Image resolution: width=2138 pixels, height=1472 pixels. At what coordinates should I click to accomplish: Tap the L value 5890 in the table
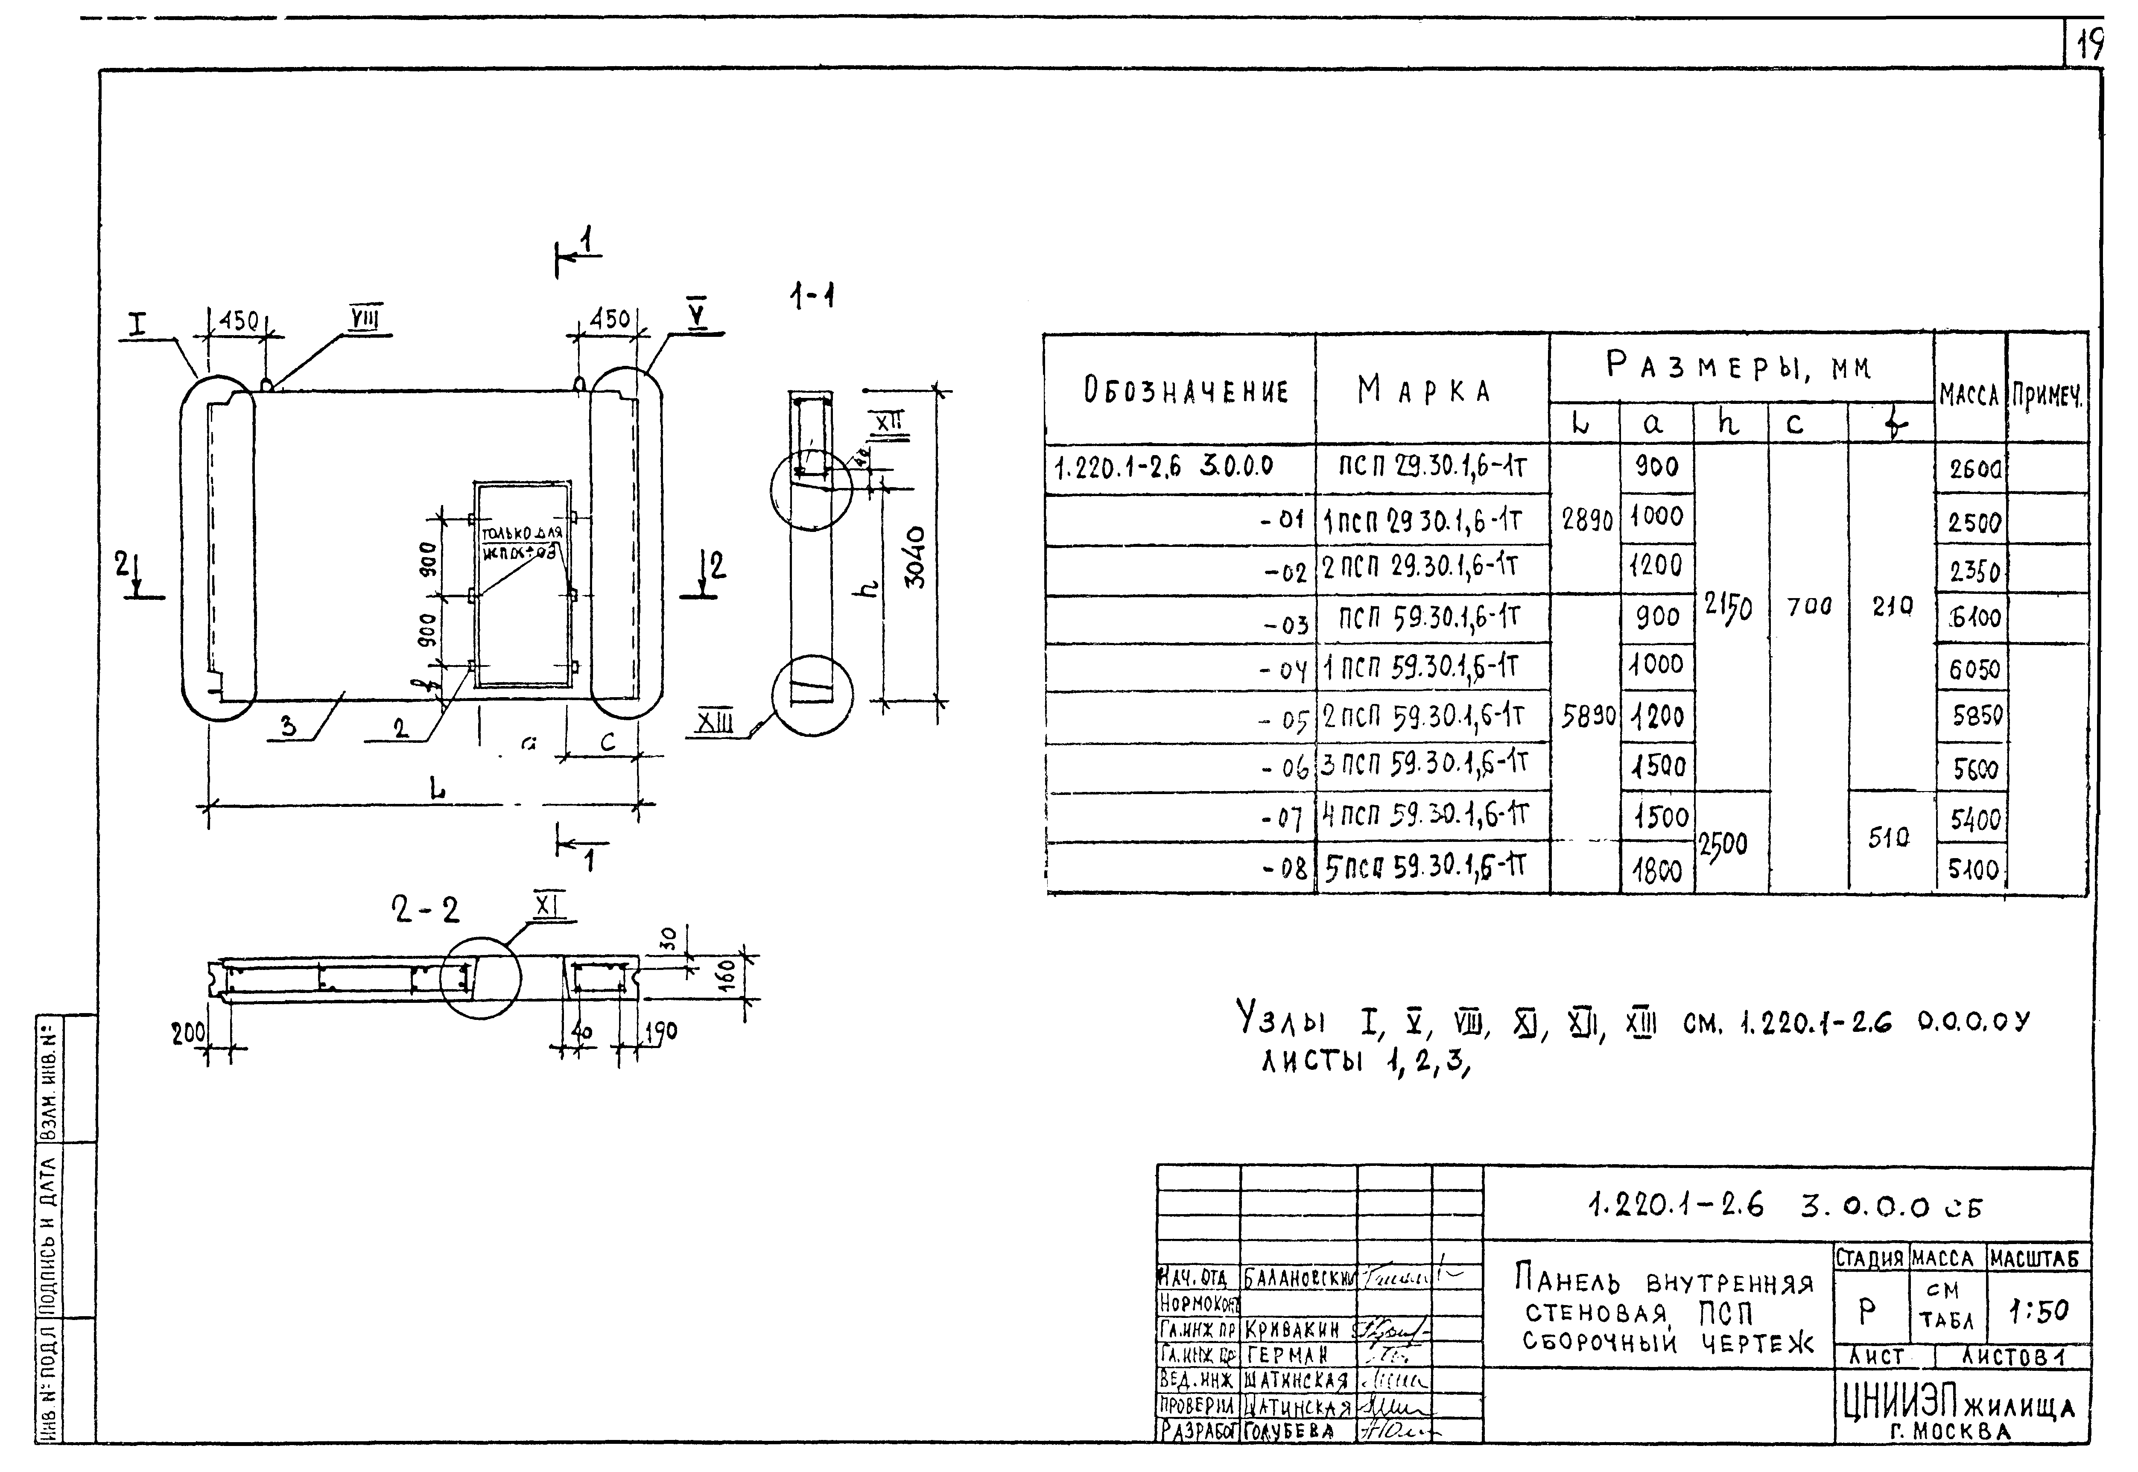(x=1586, y=717)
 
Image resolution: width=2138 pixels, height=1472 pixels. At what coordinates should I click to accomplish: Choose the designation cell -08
(x=1284, y=869)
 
